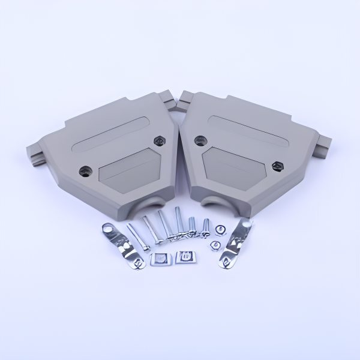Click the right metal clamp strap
(x=236, y=244)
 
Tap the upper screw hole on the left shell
(x=159, y=140)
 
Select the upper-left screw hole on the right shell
(x=199, y=142)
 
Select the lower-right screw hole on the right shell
(x=277, y=166)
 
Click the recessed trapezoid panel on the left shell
(x=127, y=170)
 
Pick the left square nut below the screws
(x=158, y=259)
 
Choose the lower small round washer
(x=215, y=245)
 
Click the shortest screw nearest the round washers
(x=206, y=226)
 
